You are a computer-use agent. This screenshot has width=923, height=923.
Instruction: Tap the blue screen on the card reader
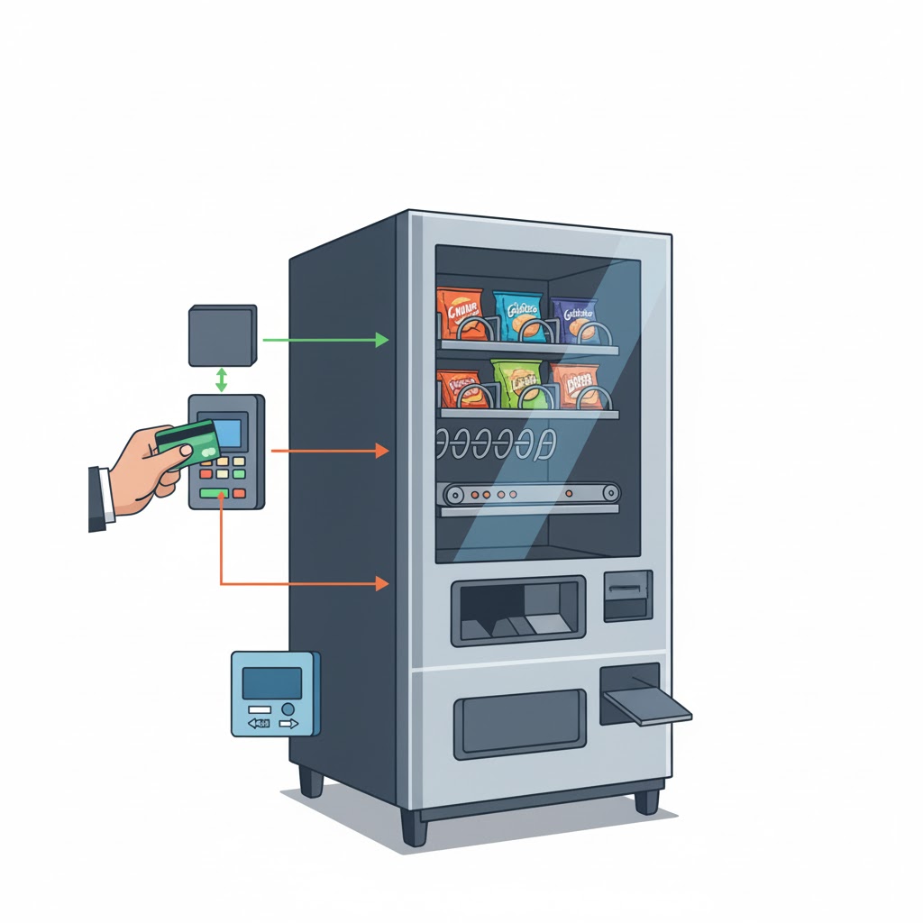tap(227, 434)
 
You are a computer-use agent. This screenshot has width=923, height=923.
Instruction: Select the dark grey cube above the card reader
tap(222, 335)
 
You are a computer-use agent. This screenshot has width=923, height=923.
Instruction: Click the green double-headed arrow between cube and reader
tap(222, 379)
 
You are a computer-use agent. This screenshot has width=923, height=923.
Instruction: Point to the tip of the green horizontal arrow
tap(386, 340)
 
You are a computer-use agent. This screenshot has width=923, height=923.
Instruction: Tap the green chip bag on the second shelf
tap(516, 383)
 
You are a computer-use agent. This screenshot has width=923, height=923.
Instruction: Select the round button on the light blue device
tap(288, 708)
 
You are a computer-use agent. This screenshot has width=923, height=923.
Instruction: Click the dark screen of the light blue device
tap(271, 683)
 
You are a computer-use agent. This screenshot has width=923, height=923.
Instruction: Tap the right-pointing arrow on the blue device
tap(288, 723)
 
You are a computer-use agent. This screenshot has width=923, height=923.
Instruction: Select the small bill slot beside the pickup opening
tap(627, 595)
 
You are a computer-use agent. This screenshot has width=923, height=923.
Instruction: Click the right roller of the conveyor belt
tap(612, 492)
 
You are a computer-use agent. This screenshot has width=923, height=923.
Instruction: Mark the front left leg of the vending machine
tap(414, 826)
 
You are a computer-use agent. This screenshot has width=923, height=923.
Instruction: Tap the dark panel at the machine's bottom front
tap(520, 723)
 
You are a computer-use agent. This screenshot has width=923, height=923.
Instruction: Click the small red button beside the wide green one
tap(239, 493)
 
